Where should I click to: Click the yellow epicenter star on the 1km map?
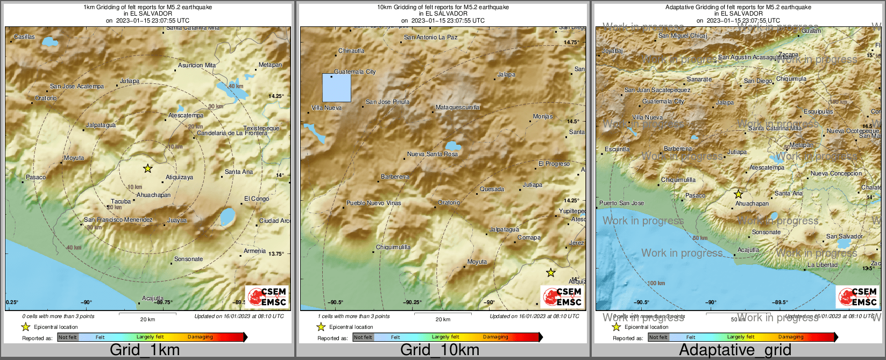click(148, 168)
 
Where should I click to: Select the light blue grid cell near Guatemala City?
click(337, 88)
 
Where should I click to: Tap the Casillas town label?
click(24, 37)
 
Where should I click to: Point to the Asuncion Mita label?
click(197, 66)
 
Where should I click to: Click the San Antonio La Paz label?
click(430, 38)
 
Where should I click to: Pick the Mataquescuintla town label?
click(457, 108)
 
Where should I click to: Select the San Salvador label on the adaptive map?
click(844, 237)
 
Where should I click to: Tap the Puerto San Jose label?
click(621, 203)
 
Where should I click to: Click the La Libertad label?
click(822, 265)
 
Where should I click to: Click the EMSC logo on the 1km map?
click(267, 297)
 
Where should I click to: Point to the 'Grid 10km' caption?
click(440, 350)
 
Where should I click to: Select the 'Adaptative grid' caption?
click(735, 350)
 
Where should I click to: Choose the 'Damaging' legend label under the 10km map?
click(495, 337)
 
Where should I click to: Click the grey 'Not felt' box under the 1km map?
click(68, 337)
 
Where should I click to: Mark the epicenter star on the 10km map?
click(550, 273)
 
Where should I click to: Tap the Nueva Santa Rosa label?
click(432, 154)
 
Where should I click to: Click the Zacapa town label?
click(789, 55)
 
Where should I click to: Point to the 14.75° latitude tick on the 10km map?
click(571, 43)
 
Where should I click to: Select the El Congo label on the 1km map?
click(257, 199)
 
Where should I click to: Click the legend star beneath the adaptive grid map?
click(616, 327)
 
